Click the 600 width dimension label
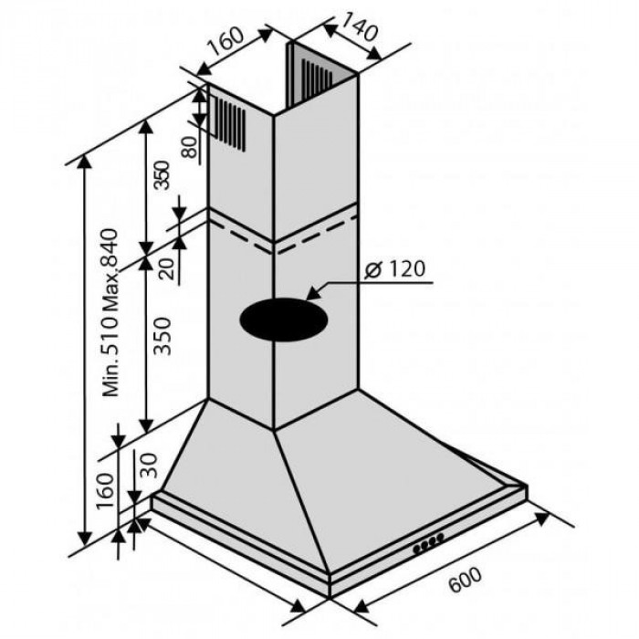[x=465, y=579]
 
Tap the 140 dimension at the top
[x=360, y=26]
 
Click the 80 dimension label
[x=189, y=147]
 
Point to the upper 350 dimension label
[x=161, y=175]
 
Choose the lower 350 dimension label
[x=162, y=336]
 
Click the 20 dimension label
[x=167, y=268]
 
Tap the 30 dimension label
[x=149, y=465]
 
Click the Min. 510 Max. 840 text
[x=110, y=312]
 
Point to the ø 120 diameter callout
[x=395, y=269]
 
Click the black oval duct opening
[x=284, y=319]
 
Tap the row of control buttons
[x=428, y=544]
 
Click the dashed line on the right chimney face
[x=318, y=235]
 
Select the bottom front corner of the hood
[x=330, y=598]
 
